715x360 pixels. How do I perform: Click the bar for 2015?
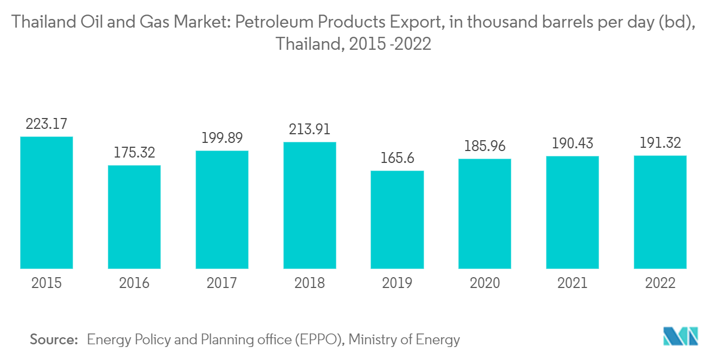click(x=47, y=202)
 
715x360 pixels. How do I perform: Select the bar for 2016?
click(x=134, y=217)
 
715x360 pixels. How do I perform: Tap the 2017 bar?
click(x=222, y=210)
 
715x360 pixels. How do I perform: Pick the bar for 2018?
click(x=310, y=205)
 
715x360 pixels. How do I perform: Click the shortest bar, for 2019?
click(x=397, y=219)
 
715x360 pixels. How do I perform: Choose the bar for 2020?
click(x=485, y=213)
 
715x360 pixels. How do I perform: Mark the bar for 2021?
click(x=573, y=212)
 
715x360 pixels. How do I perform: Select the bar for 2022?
click(x=660, y=212)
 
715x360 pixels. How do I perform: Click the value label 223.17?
click(x=47, y=124)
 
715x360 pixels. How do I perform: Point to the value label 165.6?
click(x=397, y=158)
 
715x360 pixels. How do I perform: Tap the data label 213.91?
click(x=310, y=129)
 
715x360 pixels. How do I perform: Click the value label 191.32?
click(x=660, y=143)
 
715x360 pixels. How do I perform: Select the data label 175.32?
click(x=134, y=152)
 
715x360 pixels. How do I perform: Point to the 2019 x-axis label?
click(x=397, y=283)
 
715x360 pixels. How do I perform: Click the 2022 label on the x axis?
click(x=660, y=283)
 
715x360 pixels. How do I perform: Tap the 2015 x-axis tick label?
click(x=47, y=283)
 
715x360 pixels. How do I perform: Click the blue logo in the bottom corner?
click(x=681, y=336)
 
